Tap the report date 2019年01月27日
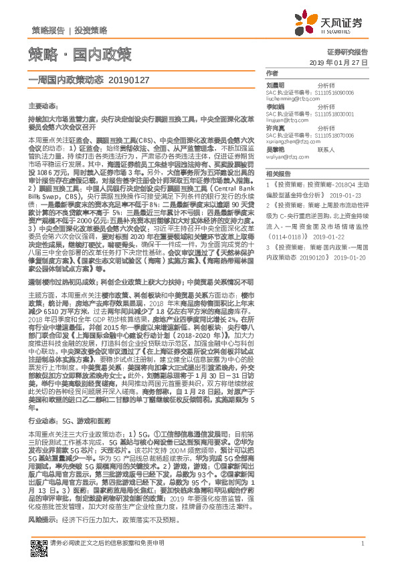(339, 62)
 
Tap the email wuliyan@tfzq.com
(284, 158)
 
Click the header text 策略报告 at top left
(47, 31)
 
